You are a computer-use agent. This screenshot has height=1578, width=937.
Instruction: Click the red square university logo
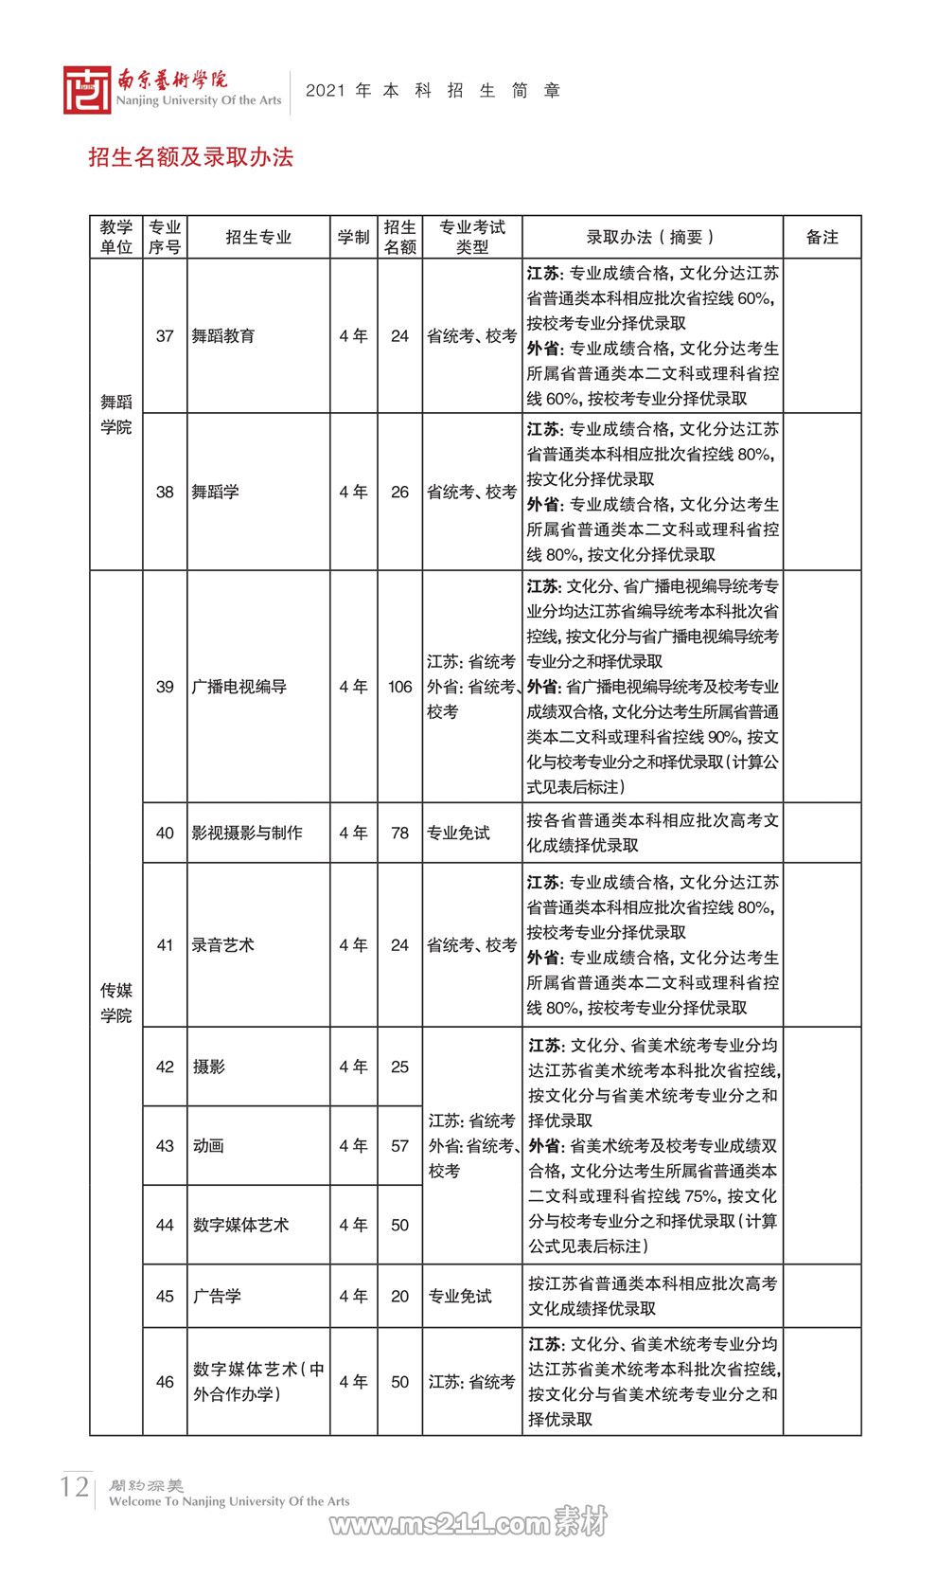tap(87, 90)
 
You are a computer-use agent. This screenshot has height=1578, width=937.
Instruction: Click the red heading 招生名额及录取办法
tap(190, 157)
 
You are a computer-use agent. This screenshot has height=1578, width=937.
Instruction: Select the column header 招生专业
tap(258, 237)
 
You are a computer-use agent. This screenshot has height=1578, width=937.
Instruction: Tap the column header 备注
tap(822, 237)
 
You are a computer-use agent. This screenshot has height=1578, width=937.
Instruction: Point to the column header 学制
tap(353, 237)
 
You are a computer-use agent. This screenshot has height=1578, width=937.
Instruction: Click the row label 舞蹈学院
tap(116, 415)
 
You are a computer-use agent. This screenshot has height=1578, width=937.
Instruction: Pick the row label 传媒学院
tap(116, 1002)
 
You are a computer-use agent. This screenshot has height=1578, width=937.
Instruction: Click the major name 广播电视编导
tap(239, 687)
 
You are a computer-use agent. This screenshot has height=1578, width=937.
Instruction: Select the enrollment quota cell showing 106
tap(399, 687)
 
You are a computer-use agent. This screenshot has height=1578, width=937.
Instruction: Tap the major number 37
tap(165, 335)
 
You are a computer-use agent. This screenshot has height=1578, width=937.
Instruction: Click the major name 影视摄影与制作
tap(247, 833)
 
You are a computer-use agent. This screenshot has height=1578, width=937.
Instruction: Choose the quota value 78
tap(399, 833)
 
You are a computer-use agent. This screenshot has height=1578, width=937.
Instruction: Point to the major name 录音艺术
tap(222, 944)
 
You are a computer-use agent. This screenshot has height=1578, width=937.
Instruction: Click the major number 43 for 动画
tap(165, 1145)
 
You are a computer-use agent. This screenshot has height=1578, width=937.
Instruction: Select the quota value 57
tap(399, 1145)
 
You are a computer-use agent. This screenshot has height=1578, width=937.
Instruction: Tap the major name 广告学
tap(217, 1296)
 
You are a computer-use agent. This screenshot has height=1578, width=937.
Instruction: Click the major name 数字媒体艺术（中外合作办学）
tap(258, 1381)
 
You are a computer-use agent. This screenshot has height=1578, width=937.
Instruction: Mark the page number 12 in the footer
tap(74, 1485)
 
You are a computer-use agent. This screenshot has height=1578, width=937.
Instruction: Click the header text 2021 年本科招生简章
tap(433, 91)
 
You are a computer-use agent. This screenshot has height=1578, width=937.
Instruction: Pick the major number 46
tap(165, 1381)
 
